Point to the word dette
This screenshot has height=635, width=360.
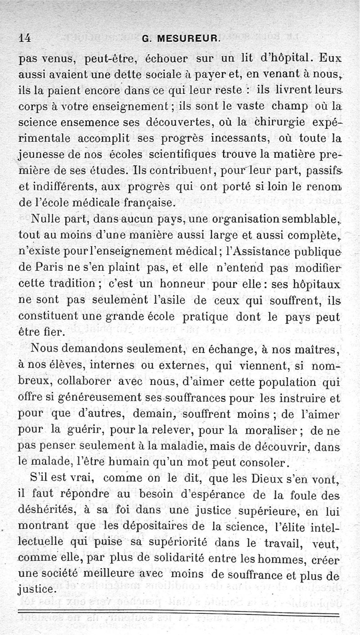111,75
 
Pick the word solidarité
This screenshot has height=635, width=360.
195,560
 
